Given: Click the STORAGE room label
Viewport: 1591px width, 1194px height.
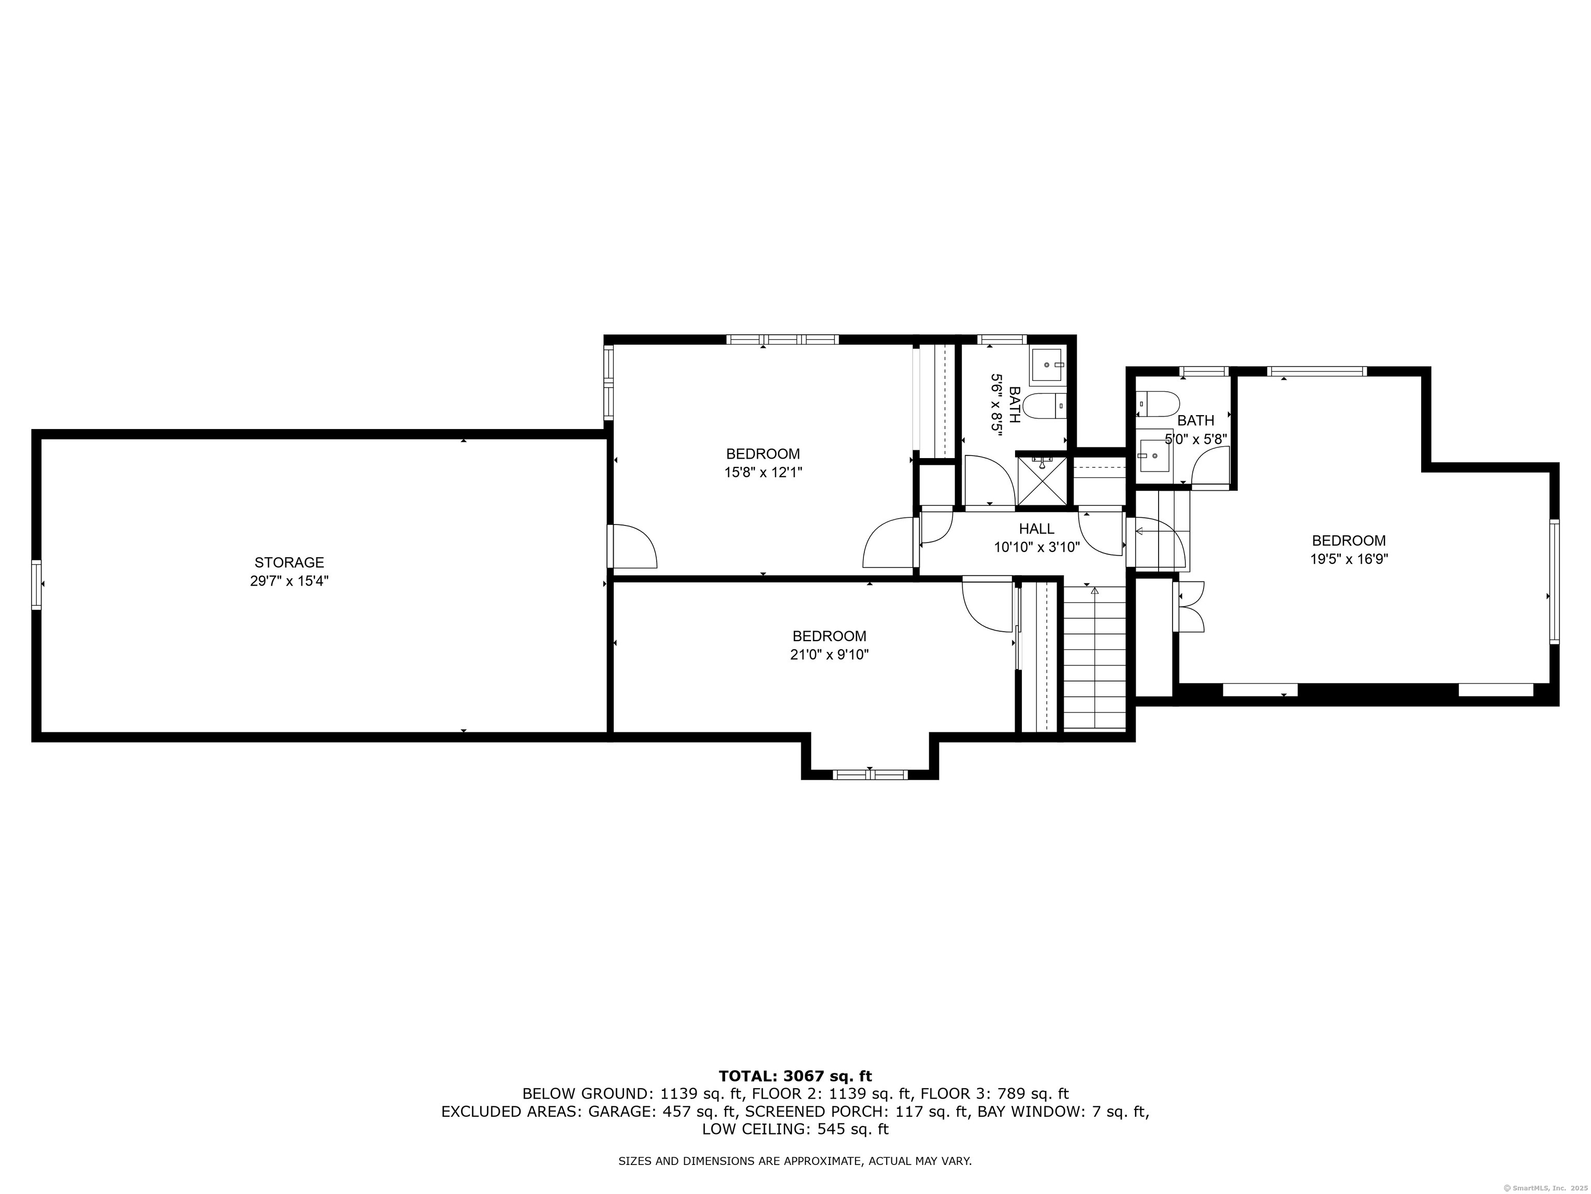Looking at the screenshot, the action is click(x=289, y=563).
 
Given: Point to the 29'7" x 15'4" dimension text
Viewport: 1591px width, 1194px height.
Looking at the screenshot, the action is click(x=289, y=581).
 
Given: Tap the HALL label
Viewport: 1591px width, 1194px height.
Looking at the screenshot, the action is click(x=1036, y=529).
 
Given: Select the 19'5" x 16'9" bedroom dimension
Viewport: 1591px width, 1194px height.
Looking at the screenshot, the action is click(x=1349, y=559).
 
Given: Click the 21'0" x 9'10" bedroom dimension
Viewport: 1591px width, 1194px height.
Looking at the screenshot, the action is click(x=829, y=655).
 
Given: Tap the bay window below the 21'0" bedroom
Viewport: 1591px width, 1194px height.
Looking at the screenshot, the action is click(x=870, y=774).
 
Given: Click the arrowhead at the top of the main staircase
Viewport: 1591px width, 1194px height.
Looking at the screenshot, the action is click(x=1095, y=591).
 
